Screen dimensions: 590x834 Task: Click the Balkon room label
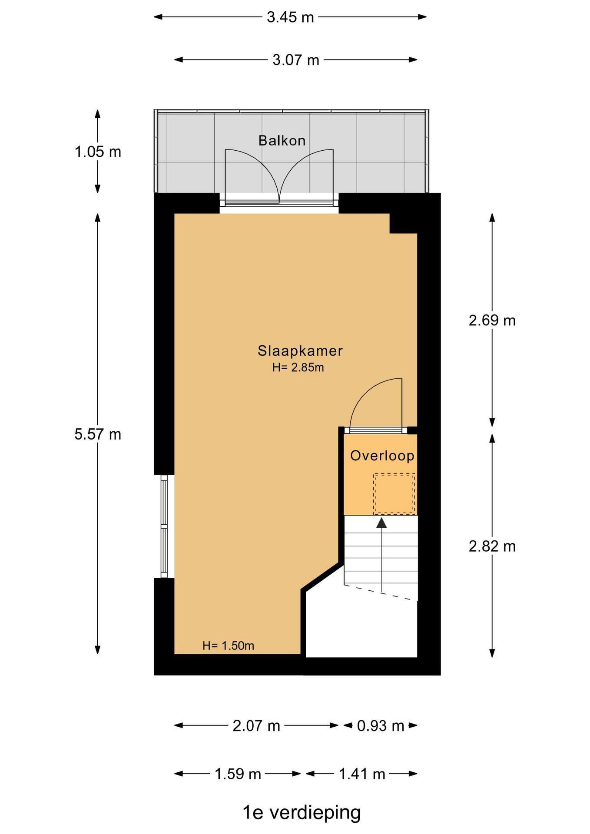(282, 140)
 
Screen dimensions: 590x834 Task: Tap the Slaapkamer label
(300, 351)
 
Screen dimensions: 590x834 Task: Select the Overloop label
(382, 456)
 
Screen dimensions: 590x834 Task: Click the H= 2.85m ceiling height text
(298, 367)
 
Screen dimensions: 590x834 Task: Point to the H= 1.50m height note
(228, 645)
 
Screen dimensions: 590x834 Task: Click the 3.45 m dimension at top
(290, 17)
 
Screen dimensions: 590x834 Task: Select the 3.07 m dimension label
(296, 60)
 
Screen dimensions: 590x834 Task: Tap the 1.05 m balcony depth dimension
(98, 152)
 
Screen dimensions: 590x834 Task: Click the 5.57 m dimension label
(98, 434)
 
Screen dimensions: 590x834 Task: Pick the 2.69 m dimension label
(492, 321)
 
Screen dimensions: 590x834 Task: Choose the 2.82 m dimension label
(492, 546)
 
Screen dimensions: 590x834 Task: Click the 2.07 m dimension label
(256, 726)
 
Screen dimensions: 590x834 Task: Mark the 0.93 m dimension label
(381, 726)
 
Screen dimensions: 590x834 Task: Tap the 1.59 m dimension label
(238, 774)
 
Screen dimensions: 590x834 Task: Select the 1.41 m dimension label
(362, 774)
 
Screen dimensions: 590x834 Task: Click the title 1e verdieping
(302, 812)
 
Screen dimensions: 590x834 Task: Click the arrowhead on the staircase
(381, 523)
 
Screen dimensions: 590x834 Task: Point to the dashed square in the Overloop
(394, 493)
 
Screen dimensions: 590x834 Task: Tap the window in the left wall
(164, 526)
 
